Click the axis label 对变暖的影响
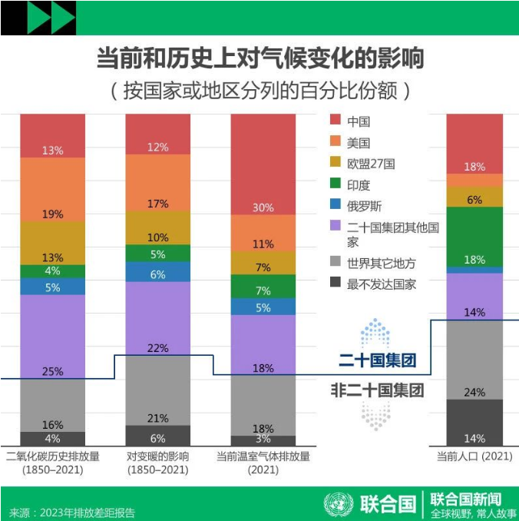(x=158, y=456)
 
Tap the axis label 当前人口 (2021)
(x=474, y=456)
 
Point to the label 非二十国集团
(x=377, y=389)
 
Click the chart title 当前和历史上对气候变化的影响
(x=259, y=59)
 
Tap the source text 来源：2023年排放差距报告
(x=72, y=512)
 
